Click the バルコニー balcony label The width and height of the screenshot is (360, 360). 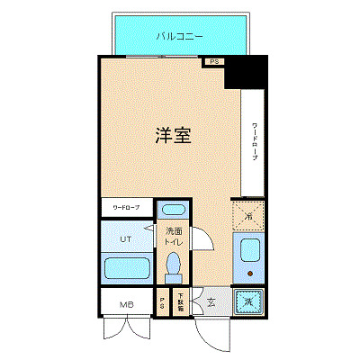click(x=178, y=37)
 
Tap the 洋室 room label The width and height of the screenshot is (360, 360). click(x=171, y=137)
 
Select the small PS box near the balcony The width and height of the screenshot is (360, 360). click(x=213, y=62)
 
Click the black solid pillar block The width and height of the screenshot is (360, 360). click(x=246, y=72)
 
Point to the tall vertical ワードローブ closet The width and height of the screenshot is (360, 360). click(x=255, y=143)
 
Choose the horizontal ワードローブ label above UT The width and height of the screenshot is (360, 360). click(x=126, y=208)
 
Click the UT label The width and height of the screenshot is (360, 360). click(x=126, y=239)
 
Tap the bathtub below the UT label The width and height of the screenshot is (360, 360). click(x=126, y=268)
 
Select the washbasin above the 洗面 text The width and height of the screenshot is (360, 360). click(x=173, y=212)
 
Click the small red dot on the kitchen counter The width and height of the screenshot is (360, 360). click(x=247, y=274)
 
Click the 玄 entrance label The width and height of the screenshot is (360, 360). click(x=210, y=303)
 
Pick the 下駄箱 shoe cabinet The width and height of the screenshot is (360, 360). click(x=179, y=303)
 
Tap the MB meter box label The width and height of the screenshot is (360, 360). click(x=126, y=304)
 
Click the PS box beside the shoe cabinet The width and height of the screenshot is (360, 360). click(x=162, y=303)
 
